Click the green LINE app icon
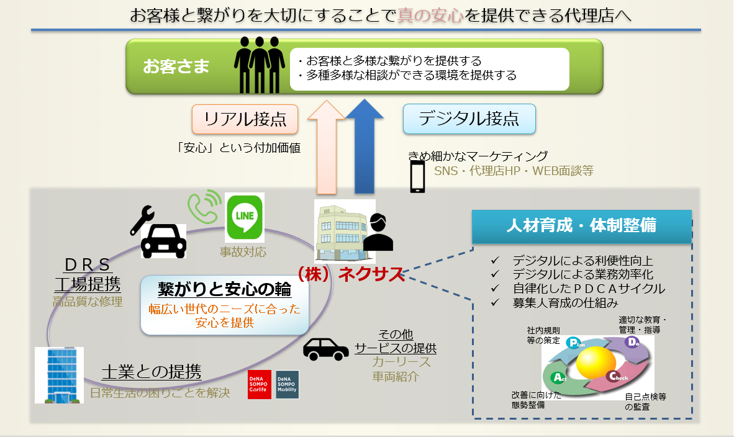[x=244, y=217]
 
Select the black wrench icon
[x=142, y=220]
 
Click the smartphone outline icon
[x=417, y=176]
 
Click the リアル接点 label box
[x=245, y=119]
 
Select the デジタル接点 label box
[x=469, y=119]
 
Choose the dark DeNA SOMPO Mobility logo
[x=287, y=385]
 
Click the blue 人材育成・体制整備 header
[x=581, y=226]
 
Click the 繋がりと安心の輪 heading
[x=224, y=290]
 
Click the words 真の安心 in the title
[x=431, y=15]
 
